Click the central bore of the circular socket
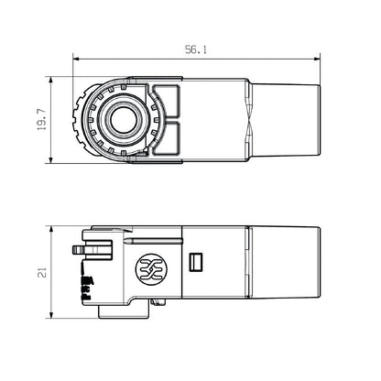(119, 122)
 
